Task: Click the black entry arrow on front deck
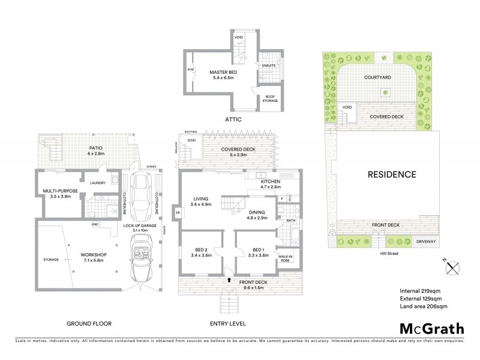click(x=229, y=279)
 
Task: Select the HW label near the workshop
click(x=95, y=225)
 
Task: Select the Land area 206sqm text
click(x=424, y=307)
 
